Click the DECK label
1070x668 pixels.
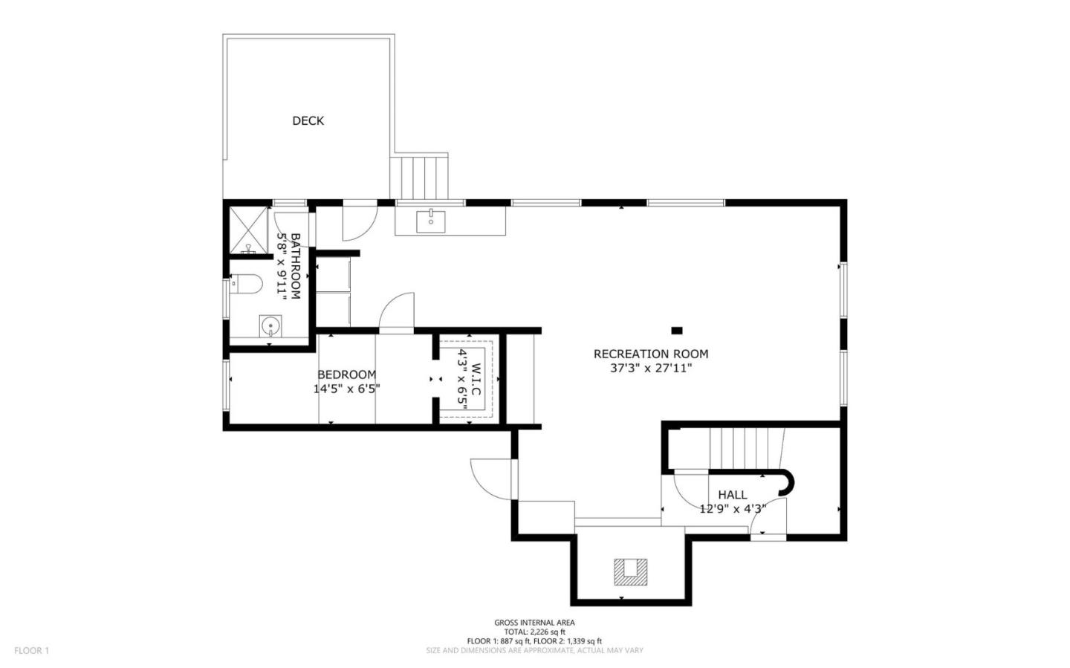(308, 120)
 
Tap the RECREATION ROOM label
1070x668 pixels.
(650, 354)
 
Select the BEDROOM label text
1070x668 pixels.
(346, 374)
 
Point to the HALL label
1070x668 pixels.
(732, 494)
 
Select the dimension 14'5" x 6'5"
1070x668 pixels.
(346, 388)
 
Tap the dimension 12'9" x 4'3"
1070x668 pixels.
(732, 509)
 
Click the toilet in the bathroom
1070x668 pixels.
(245, 283)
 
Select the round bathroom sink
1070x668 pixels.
(270, 325)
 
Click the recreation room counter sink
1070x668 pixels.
(430, 218)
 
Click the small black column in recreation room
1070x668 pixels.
(676, 331)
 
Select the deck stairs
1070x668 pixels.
(421, 177)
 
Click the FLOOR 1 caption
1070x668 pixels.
(31, 650)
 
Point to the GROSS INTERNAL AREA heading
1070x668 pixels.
(534, 623)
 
